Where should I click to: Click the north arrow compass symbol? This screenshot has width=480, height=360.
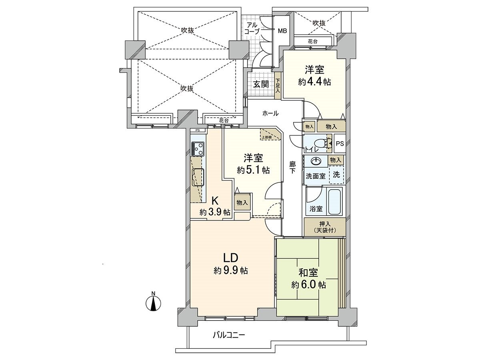pyautogui.click(x=153, y=302)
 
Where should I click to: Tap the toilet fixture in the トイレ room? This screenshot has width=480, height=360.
pyautogui.click(x=320, y=144)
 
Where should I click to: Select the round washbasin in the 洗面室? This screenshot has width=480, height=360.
pyautogui.click(x=316, y=161)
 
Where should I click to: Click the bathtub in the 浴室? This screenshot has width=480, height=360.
pyautogui.click(x=334, y=202)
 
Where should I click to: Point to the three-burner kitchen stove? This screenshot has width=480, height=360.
pyautogui.click(x=198, y=149)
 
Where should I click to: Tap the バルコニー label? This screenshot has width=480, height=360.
pyautogui.click(x=228, y=334)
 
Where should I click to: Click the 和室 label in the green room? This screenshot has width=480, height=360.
pyautogui.click(x=308, y=273)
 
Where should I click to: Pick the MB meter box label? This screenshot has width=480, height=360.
pyautogui.click(x=282, y=31)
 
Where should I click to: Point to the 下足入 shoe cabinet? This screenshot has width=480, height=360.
pyautogui.click(x=278, y=85)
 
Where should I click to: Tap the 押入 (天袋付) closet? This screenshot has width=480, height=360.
pyautogui.click(x=324, y=227)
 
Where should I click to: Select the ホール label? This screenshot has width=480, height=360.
pyautogui.click(x=270, y=114)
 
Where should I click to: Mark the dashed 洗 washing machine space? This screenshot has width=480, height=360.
pyautogui.click(x=336, y=174)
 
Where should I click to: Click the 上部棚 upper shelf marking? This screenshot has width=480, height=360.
pyautogui.click(x=267, y=135)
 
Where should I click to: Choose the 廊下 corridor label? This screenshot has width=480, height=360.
pyautogui.click(x=292, y=167)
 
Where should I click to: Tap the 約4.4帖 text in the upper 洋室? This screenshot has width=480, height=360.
pyautogui.click(x=314, y=82)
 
